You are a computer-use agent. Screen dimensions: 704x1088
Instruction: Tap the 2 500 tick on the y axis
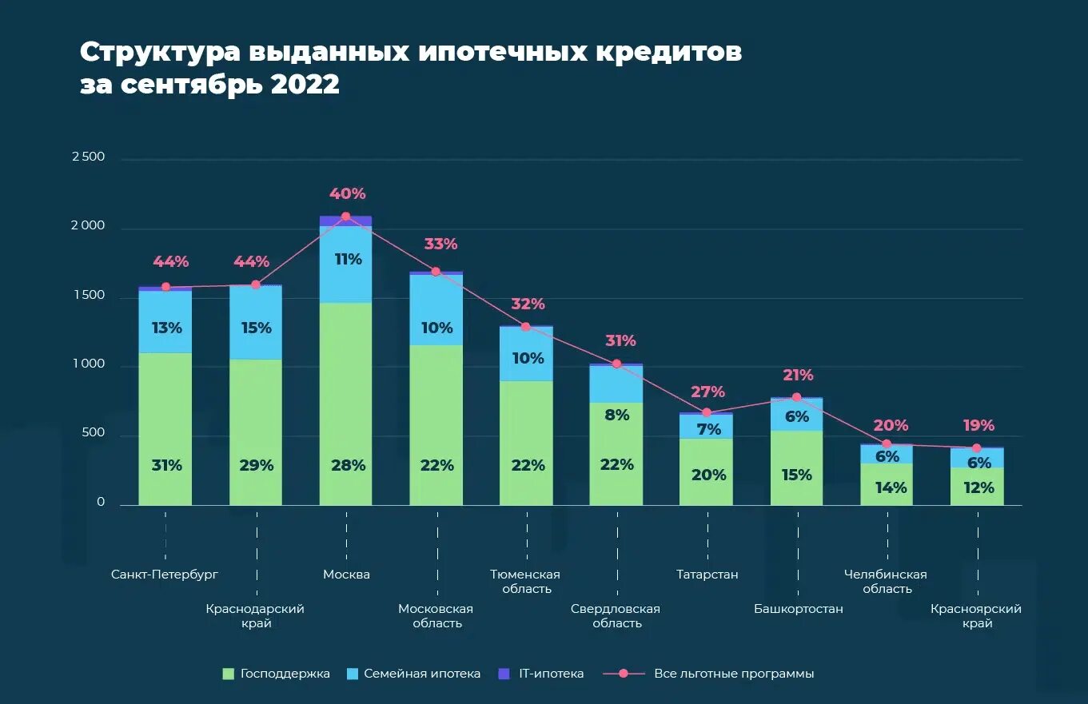tap(88, 157)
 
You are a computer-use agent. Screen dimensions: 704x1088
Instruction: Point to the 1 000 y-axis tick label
tap(88, 364)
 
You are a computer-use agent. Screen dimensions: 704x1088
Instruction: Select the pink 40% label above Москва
tap(347, 193)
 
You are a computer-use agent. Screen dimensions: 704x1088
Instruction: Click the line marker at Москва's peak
tap(346, 217)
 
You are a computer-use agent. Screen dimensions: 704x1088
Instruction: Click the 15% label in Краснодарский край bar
tap(256, 328)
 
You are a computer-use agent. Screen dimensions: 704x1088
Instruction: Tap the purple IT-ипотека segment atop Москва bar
tap(345, 221)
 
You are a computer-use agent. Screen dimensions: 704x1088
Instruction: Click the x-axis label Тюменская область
tap(525, 582)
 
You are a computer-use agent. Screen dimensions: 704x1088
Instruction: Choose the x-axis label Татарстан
tap(707, 575)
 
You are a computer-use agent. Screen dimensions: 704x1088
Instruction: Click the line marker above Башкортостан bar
tap(796, 397)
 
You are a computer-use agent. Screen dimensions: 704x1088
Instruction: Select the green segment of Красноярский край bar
tap(976, 486)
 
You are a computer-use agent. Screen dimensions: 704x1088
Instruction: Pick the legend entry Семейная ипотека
tap(422, 674)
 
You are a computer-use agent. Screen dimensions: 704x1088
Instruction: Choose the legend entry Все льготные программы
tap(733, 674)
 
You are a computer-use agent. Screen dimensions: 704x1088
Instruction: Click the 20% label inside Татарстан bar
tap(708, 475)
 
